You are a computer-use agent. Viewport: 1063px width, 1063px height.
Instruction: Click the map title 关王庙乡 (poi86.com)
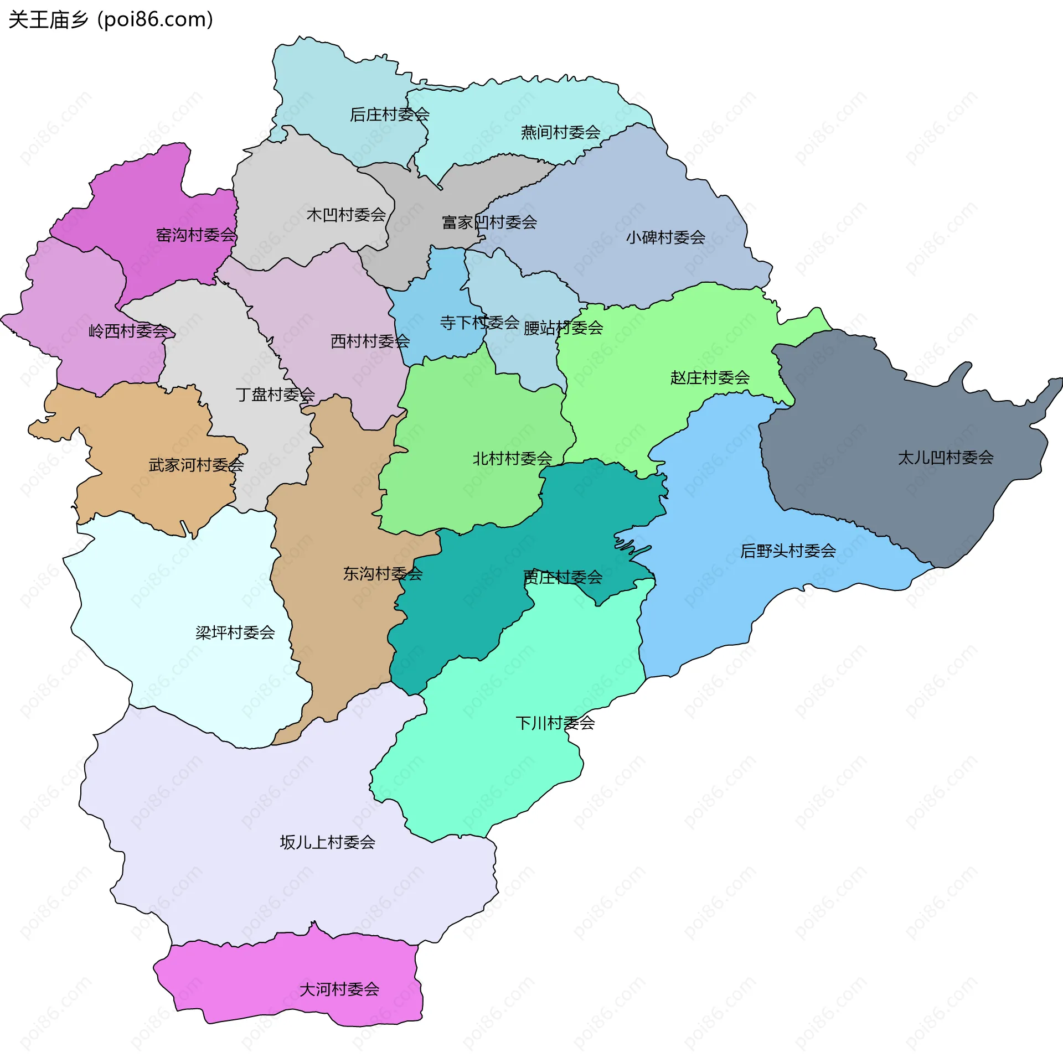click(x=111, y=20)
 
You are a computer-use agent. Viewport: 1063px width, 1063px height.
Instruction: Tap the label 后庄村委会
click(x=389, y=115)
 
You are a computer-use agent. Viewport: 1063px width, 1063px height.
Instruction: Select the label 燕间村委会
click(x=560, y=132)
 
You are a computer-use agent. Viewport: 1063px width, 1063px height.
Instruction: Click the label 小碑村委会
click(x=665, y=237)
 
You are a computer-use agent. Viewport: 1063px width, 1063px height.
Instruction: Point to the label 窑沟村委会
click(x=196, y=235)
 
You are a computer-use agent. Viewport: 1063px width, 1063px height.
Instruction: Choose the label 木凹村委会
click(x=346, y=215)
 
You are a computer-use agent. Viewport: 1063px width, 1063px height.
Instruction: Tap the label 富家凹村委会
click(x=489, y=222)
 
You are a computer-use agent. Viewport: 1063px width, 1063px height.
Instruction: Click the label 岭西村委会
click(x=128, y=331)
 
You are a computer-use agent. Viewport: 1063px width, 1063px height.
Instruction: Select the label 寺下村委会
click(x=479, y=322)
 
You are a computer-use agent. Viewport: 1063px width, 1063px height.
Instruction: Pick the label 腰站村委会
click(x=563, y=328)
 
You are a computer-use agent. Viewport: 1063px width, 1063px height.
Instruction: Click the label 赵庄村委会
click(x=710, y=378)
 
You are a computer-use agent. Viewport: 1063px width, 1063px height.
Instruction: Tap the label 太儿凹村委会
click(x=946, y=458)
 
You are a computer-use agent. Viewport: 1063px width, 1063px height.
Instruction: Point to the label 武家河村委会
click(x=196, y=465)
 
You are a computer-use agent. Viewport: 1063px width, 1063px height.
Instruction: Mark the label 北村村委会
click(x=512, y=458)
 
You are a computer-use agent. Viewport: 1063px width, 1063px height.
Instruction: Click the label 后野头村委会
click(x=788, y=551)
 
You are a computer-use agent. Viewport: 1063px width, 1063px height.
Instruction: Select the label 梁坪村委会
click(x=235, y=632)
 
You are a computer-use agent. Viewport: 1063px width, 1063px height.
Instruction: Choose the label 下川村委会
click(x=555, y=723)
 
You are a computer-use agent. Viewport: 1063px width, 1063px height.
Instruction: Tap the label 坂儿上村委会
click(x=327, y=842)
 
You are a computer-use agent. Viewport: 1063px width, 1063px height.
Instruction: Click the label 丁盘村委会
click(x=275, y=395)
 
